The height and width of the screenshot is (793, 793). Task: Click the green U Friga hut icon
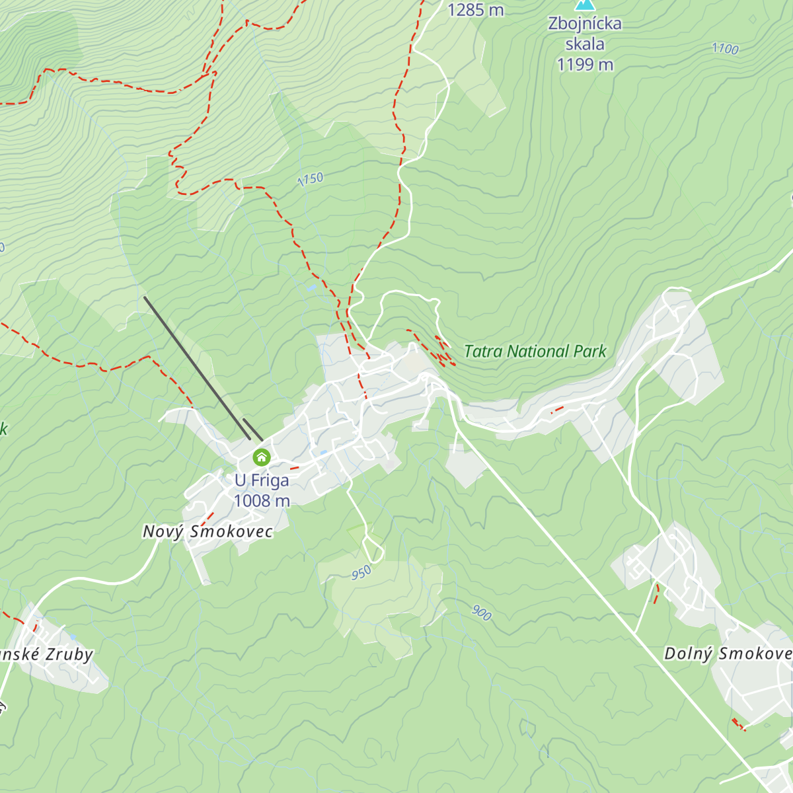coord(262,457)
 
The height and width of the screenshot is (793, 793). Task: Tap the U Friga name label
coord(262,480)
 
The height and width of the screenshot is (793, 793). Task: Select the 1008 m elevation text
coord(262,501)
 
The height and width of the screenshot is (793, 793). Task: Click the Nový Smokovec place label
coord(208,531)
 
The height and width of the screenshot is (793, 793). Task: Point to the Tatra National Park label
coord(535,352)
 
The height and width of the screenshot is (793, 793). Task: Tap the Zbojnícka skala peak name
coord(585,34)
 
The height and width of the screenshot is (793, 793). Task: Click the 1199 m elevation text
coord(585,65)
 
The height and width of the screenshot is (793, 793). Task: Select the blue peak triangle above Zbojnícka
coord(584,5)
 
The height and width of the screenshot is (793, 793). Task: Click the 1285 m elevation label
coord(475,10)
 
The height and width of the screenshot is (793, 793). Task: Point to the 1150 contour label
coord(310,179)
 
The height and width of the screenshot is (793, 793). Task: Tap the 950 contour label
coord(361,573)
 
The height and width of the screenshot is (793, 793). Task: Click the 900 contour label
coord(482,613)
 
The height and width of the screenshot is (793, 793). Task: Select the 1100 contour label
coord(725,49)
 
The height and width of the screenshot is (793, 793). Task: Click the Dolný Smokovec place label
coord(727,654)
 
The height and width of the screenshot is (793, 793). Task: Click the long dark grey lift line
coord(196,367)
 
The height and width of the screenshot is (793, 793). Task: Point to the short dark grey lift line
coord(252,429)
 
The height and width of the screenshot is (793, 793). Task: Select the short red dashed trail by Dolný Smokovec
coord(656,593)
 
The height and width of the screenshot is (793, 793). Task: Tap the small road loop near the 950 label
coord(373,548)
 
